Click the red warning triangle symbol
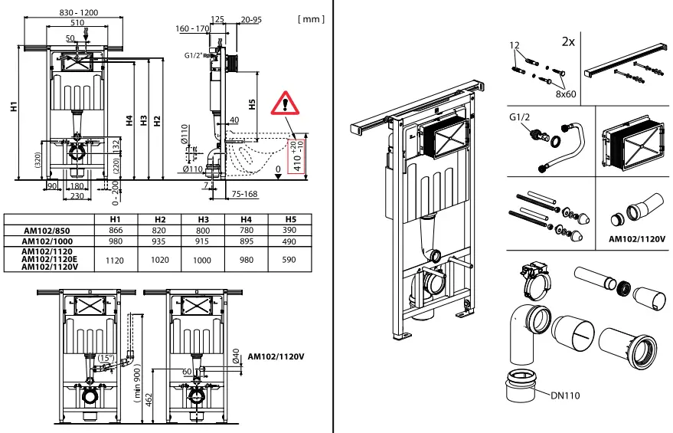(286, 100)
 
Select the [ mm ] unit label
(310, 18)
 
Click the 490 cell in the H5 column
(290, 241)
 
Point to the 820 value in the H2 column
(159, 230)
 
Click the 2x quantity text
(567, 41)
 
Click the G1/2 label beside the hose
(521, 120)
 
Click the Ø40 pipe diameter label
(237, 356)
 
